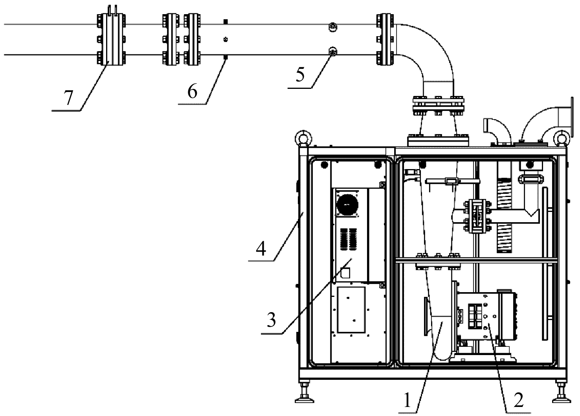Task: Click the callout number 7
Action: (x=68, y=98)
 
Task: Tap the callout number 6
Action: (x=193, y=92)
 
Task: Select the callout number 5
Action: (x=300, y=75)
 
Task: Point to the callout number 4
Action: (x=261, y=248)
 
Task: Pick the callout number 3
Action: (x=272, y=320)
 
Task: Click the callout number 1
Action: (x=407, y=400)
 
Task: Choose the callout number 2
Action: (x=519, y=400)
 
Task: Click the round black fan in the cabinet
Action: (x=347, y=204)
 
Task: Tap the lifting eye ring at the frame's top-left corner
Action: (x=303, y=138)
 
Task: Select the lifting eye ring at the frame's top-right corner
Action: (x=562, y=138)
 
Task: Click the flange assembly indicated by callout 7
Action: (x=111, y=39)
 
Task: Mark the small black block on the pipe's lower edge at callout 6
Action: (x=226, y=57)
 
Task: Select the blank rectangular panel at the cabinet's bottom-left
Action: (x=351, y=310)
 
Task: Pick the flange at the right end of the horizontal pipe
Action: (x=385, y=39)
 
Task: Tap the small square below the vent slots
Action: (x=345, y=273)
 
